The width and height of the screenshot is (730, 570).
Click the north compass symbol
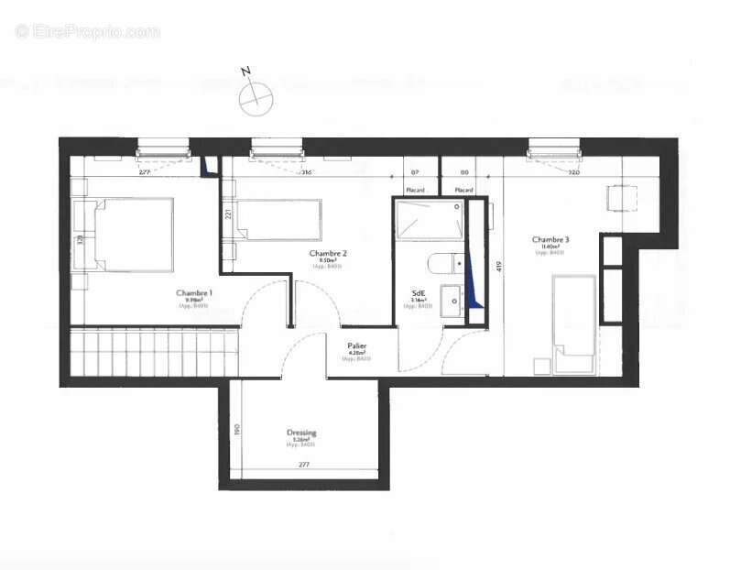pos(256,95)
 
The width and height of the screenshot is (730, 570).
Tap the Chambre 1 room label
pos(194,293)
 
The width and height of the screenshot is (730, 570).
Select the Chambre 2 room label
pos(328,254)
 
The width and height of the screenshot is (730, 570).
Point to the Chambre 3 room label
pos(550,241)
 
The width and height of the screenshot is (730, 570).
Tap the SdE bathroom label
pos(417,293)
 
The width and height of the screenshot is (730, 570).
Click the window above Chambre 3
pos(555,146)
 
